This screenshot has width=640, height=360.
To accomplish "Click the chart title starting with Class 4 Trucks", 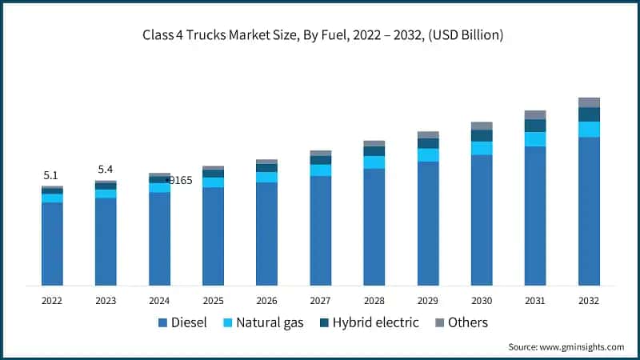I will (x=319, y=35).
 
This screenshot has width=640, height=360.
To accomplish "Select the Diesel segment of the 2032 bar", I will (x=589, y=211).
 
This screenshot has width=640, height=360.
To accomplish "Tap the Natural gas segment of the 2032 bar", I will (x=589, y=130).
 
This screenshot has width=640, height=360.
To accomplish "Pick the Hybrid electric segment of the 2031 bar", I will (x=535, y=126).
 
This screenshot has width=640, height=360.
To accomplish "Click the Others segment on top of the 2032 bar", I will (x=589, y=102).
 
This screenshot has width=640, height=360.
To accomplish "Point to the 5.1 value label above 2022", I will (x=50, y=175).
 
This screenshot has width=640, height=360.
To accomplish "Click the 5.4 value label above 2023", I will (x=106, y=170).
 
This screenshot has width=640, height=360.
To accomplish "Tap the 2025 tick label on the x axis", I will (x=213, y=301).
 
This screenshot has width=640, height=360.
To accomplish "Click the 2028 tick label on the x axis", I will (x=374, y=301).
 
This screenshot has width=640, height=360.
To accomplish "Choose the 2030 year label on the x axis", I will (x=481, y=301).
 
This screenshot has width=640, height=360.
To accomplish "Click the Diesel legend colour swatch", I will (x=163, y=323).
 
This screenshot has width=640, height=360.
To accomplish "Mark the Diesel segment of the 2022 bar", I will (x=52, y=244).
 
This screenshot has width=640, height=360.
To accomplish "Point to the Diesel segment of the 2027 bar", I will (x=320, y=230).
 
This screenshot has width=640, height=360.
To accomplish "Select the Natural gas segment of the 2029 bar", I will (x=428, y=155).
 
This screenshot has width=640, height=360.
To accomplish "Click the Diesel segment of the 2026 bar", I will (x=266, y=234).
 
